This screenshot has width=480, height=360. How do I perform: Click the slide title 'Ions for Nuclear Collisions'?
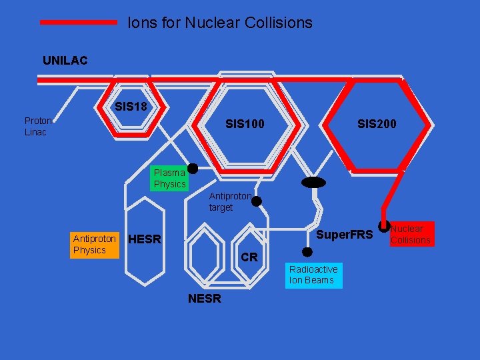[x=220, y=23]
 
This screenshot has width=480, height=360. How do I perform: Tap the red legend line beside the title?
[x=79, y=22]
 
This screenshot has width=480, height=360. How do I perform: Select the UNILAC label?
[x=65, y=61]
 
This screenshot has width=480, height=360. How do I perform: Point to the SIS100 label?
[x=245, y=123]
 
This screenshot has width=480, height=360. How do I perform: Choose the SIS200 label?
[x=377, y=123]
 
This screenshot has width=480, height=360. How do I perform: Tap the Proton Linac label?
[x=38, y=126]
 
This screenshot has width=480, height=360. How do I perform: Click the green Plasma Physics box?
[x=169, y=178]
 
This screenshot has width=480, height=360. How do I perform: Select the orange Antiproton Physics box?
[x=94, y=244]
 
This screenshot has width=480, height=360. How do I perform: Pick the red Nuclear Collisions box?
[x=411, y=234]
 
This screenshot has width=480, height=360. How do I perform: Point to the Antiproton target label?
[x=230, y=202]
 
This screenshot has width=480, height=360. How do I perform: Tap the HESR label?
[x=145, y=239]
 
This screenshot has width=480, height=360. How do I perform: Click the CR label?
[x=249, y=257]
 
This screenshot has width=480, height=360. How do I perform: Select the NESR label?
[x=205, y=299]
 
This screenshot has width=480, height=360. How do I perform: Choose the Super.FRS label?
[x=344, y=235]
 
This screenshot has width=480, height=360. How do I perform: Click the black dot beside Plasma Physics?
[x=193, y=169]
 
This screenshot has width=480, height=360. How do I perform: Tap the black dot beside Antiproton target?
[x=256, y=201]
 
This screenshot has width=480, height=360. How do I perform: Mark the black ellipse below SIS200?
[x=313, y=183]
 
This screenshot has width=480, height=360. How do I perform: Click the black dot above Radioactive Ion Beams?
[x=307, y=252]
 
